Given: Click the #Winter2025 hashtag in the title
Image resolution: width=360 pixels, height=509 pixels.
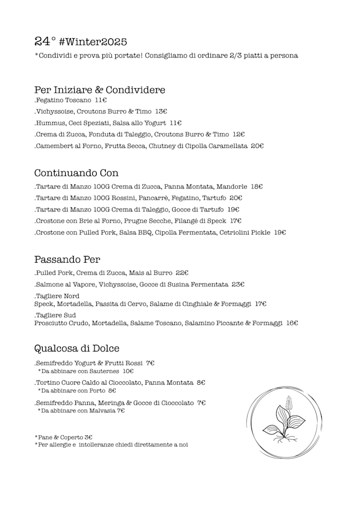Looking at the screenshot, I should point(93,42).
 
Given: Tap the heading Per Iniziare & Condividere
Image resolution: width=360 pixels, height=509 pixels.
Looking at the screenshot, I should point(100,90).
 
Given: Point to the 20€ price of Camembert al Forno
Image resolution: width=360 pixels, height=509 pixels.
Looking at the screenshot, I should point(258,146).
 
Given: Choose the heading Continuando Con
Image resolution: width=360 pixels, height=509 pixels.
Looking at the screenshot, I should point(76,173).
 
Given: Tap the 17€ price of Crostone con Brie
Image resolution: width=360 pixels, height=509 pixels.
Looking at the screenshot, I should point(236,221).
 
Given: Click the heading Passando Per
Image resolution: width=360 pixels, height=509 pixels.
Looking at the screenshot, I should point(67,260).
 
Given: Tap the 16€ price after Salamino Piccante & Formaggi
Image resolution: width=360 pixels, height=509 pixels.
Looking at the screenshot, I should point(292,323).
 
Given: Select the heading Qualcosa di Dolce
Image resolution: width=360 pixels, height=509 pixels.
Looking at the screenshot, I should point(76,348).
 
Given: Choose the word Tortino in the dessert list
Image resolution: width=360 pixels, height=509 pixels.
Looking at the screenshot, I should point(48,383).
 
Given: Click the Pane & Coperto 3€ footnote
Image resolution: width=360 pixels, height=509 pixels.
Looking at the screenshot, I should point(64,437).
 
